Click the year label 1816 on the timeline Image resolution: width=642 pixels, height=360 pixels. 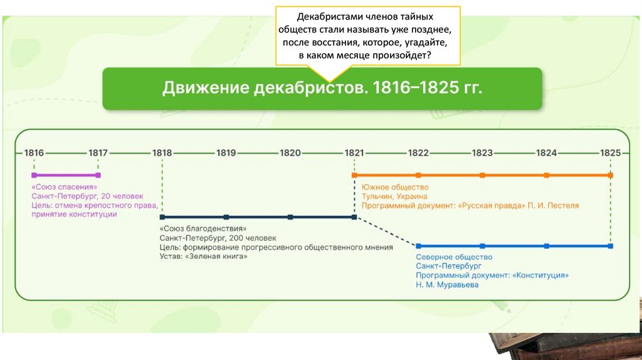34,152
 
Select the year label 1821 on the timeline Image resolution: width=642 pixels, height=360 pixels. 354,152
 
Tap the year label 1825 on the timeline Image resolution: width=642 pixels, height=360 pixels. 610,152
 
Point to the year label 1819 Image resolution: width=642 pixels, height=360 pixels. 226,152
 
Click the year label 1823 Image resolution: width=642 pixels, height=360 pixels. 482,152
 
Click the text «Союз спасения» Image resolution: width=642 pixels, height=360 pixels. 65,187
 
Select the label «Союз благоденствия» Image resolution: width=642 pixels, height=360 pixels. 199,229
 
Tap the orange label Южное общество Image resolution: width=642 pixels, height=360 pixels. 394,187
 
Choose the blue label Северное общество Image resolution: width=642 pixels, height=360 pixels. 454,257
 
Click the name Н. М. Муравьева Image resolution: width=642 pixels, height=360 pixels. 446,285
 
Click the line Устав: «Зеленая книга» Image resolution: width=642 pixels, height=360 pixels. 203,257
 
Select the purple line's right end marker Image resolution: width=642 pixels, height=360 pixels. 98,176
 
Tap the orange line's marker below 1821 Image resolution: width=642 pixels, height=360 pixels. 354,176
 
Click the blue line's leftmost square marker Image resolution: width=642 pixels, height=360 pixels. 418,246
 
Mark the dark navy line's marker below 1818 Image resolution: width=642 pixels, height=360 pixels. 162,217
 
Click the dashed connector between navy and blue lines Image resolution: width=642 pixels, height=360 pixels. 386,231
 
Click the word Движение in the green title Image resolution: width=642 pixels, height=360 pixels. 202,88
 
